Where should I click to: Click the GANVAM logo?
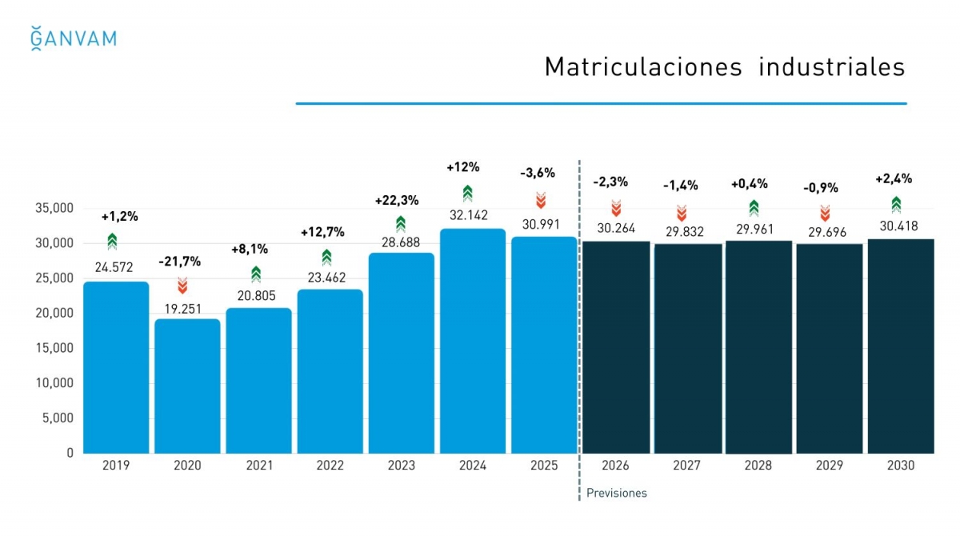[x=73, y=38]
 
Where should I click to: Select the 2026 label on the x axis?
[x=615, y=466]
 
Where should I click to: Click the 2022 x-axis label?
[x=330, y=466]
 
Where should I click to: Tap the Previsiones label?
[x=616, y=493]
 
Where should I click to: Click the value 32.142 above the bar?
[x=468, y=215]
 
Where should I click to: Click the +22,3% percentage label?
[x=397, y=200]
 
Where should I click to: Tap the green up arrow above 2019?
[x=112, y=241]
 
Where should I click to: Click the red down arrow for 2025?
[x=541, y=201]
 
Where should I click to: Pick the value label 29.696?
[x=824, y=233]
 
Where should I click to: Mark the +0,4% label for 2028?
[x=750, y=184]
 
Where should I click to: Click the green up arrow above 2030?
[x=896, y=204]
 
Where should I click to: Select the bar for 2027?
[x=687, y=348]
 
